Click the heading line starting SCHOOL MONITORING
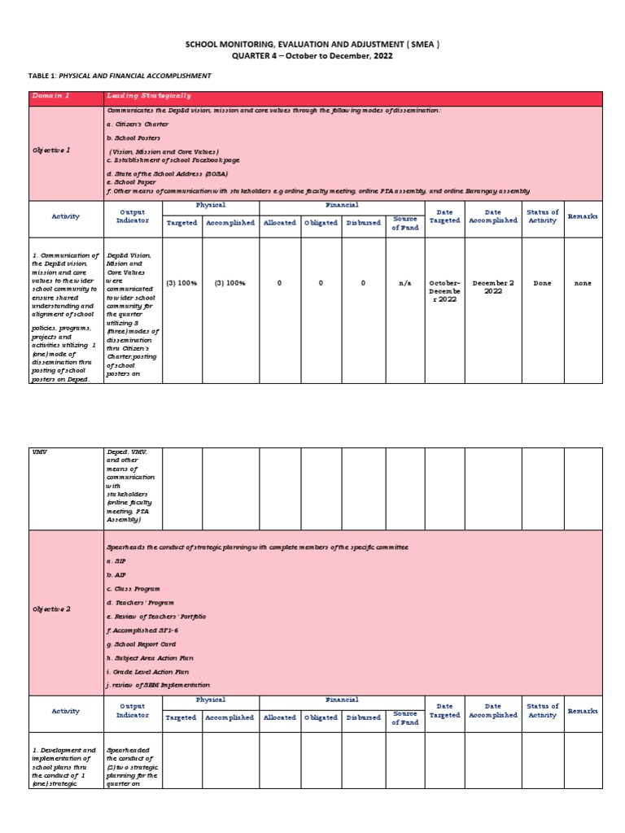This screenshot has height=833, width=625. pyautogui.click(x=312, y=45)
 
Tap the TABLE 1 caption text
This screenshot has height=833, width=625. pyautogui.click(x=120, y=76)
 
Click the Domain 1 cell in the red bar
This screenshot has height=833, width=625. pyautogui.click(x=50, y=97)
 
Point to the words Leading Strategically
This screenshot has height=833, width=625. pyautogui.click(x=147, y=97)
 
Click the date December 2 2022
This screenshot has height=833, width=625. pyautogui.click(x=492, y=287)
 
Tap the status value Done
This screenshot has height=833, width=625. pyautogui.click(x=541, y=283)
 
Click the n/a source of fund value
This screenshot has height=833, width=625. pyautogui.click(x=404, y=283)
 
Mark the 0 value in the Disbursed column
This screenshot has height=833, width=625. pyautogui.click(x=363, y=283)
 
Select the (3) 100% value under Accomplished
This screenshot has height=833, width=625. pyautogui.click(x=230, y=283)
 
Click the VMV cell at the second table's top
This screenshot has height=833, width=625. pyautogui.click(x=39, y=451)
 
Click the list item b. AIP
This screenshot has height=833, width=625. pyautogui.click(x=117, y=574)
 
